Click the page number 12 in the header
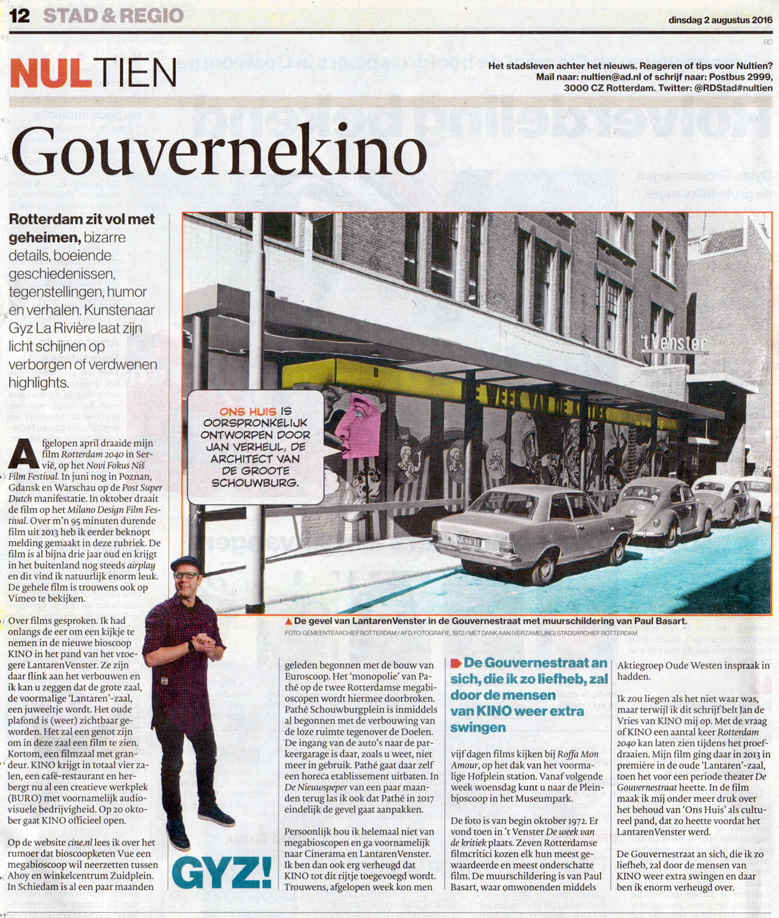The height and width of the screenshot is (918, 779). pyautogui.click(x=19, y=16)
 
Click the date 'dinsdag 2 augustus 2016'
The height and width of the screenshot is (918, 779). pyautogui.click(x=720, y=20)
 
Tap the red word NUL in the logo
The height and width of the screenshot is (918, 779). pyautogui.click(x=51, y=73)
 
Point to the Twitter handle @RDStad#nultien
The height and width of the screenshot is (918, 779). pyautogui.click(x=733, y=88)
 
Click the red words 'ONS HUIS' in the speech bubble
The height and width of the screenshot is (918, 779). pyautogui.click(x=249, y=412)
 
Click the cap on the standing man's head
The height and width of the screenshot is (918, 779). pyautogui.click(x=186, y=564)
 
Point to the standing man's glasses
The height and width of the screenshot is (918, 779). pyautogui.click(x=186, y=575)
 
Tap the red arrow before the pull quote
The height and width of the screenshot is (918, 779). pyautogui.click(x=455, y=663)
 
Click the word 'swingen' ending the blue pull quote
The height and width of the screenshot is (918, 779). pyautogui.click(x=478, y=728)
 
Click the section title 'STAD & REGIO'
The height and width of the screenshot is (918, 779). pyautogui.click(x=114, y=16)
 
